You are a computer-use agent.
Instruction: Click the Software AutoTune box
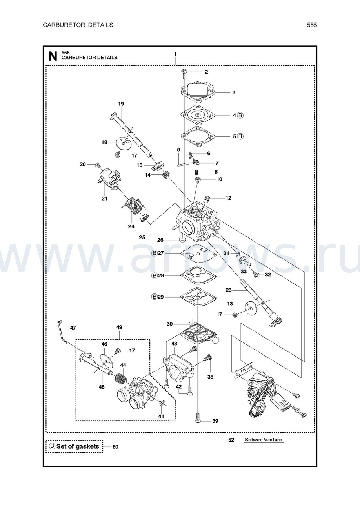(263, 440)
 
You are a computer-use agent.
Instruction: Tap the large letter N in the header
(53, 56)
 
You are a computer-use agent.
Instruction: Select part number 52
(231, 440)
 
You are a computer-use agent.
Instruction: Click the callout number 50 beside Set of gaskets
(115, 447)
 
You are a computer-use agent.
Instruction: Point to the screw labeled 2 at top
(184, 72)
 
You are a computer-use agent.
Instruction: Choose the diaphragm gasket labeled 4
(198, 115)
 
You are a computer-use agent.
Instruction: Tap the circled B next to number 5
(240, 136)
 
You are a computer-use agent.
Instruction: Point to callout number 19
(121, 104)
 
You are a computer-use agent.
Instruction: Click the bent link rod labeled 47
(61, 332)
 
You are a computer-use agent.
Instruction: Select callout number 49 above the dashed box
(119, 327)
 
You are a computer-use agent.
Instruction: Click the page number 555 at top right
(312, 25)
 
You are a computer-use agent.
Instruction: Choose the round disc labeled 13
(250, 309)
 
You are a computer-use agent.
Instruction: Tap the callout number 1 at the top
(175, 54)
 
